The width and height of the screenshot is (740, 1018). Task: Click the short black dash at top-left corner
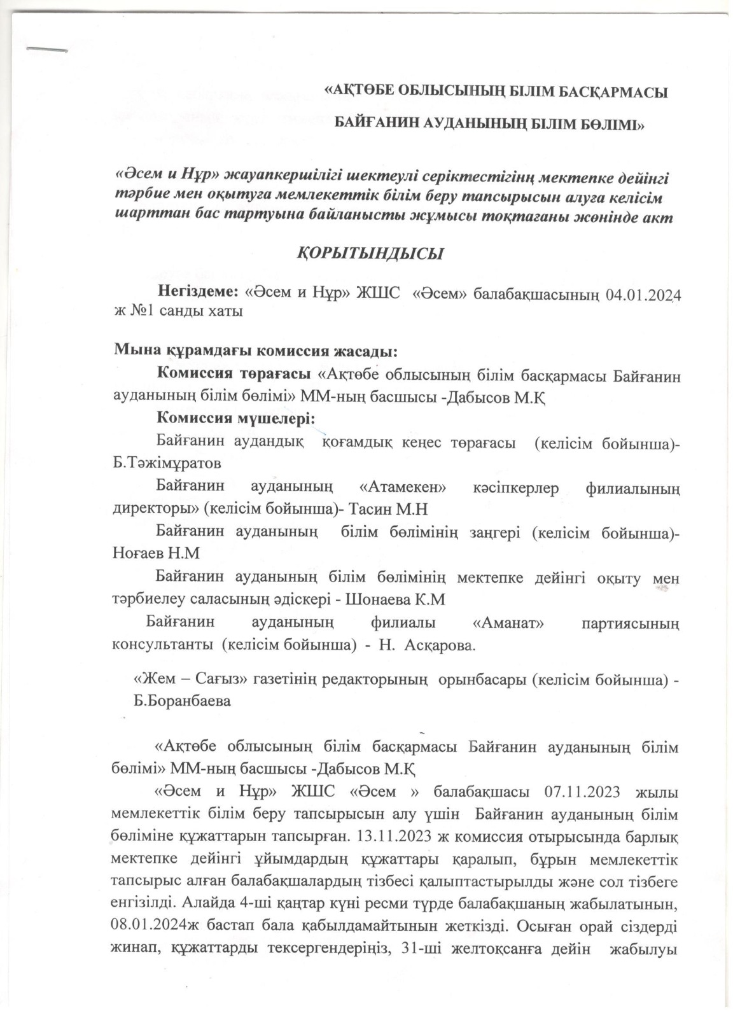(46, 48)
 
